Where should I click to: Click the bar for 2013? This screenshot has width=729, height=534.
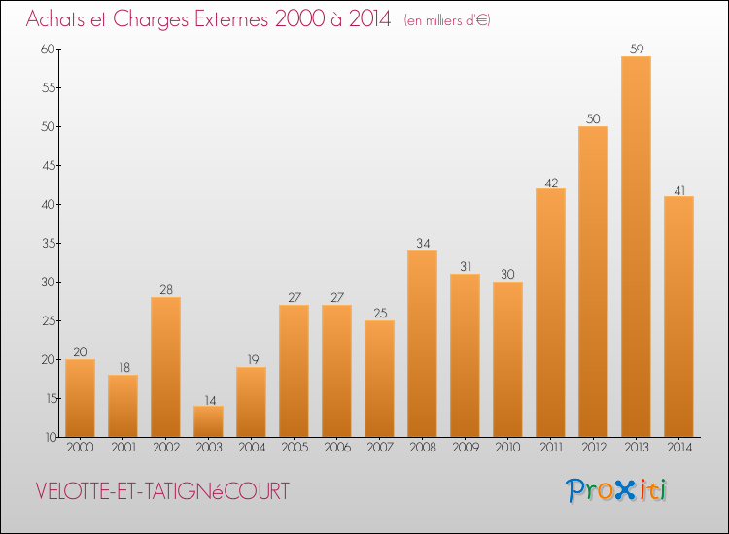[x=636, y=247]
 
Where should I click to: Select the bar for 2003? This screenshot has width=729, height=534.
[x=208, y=421]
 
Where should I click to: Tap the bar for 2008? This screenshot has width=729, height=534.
[x=422, y=344]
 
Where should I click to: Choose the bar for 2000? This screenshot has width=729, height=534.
[x=80, y=398]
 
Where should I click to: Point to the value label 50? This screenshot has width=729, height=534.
[x=593, y=118]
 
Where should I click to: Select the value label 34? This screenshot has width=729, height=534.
[x=422, y=243]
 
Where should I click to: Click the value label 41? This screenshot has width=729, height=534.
[x=678, y=188]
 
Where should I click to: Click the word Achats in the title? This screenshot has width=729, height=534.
[x=58, y=19]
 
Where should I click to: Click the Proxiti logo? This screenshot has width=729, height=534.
[x=617, y=490]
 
